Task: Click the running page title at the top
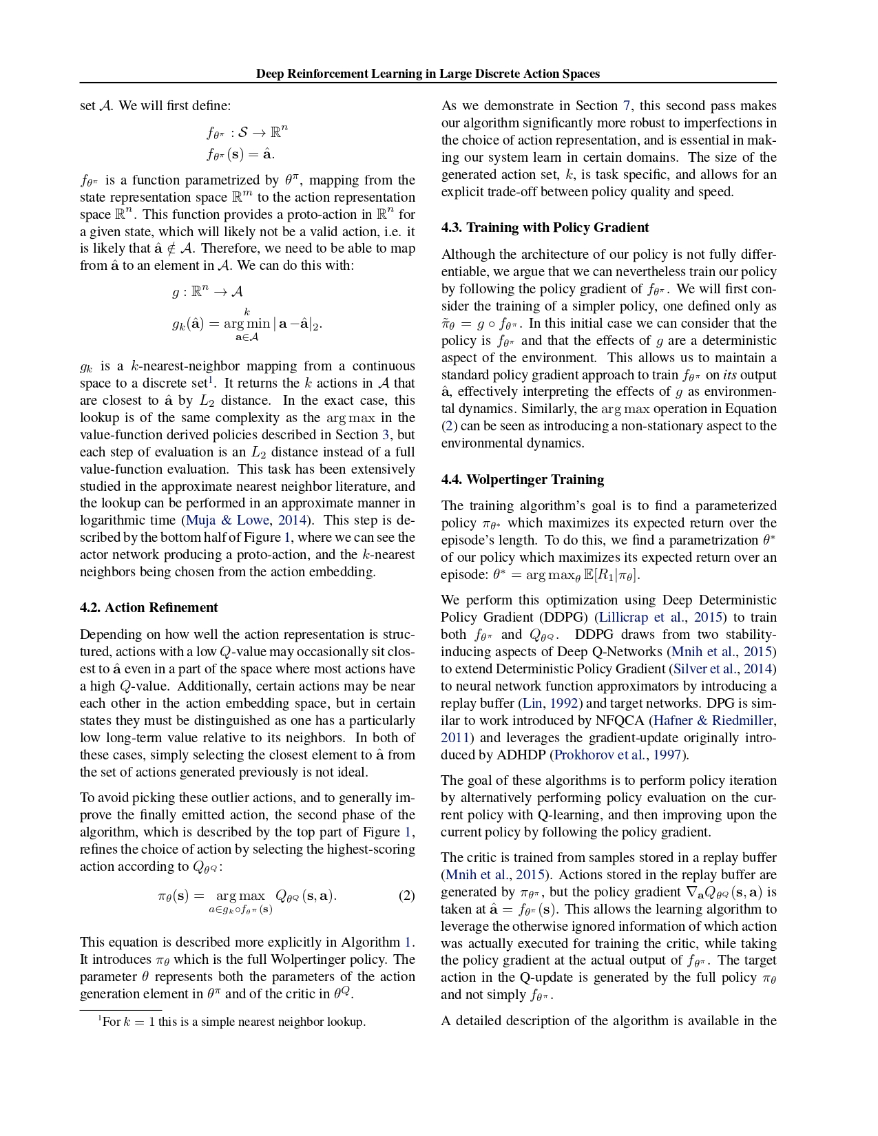click(x=428, y=74)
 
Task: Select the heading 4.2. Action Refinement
click(x=149, y=607)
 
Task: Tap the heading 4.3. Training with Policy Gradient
click(x=545, y=227)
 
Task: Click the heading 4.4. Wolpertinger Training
click(x=523, y=479)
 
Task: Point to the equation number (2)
click(x=407, y=895)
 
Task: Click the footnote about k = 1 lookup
click(x=231, y=1022)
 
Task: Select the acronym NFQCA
click(x=624, y=720)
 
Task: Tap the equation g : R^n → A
click(x=207, y=292)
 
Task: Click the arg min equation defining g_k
click(x=247, y=324)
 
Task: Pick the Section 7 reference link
click(x=627, y=106)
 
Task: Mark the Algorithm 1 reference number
click(x=408, y=942)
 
